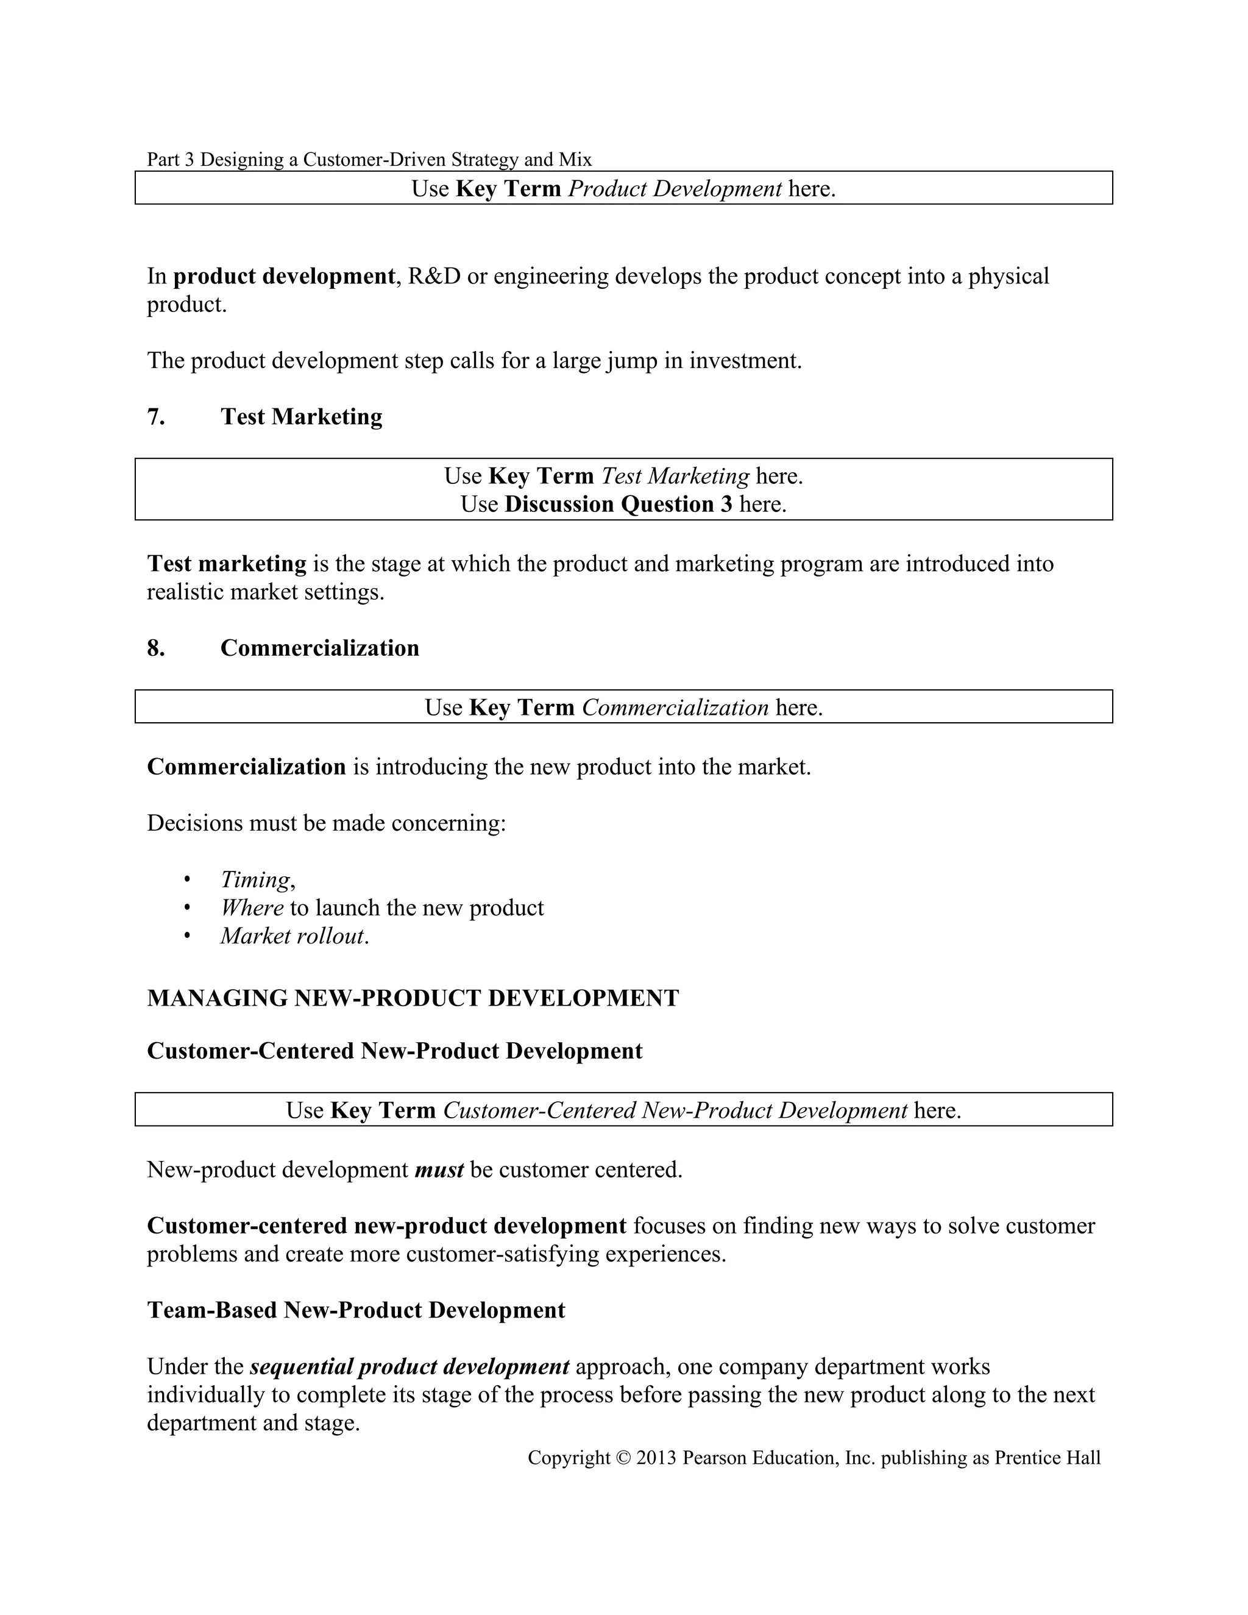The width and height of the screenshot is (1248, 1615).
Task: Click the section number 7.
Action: (x=155, y=417)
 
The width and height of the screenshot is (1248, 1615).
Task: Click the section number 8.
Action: (x=155, y=648)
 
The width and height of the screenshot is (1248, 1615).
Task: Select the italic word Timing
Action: (x=256, y=880)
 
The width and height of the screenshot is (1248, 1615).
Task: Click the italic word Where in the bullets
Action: (x=252, y=908)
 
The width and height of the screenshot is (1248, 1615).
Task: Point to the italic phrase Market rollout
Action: (x=292, y=936)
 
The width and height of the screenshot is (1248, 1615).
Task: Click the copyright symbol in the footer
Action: (x=623, y=1458)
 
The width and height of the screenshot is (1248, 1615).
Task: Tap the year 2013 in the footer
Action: (x=656, y=1458)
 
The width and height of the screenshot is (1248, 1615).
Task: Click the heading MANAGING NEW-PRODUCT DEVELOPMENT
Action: (x=413, y=998)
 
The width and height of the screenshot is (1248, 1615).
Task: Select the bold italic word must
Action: (x=439, y=1170)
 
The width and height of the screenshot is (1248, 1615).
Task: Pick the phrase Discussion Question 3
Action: (x=618, y=505)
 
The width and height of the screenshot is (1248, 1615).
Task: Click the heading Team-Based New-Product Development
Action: (x=356, y=1310)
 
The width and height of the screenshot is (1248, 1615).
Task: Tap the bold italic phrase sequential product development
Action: (x=409, y=1366)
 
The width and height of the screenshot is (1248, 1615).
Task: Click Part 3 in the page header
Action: (x=170, y=160)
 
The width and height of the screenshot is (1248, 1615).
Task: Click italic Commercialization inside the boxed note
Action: (x=675, y=708)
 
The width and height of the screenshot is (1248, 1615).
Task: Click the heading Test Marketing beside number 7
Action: (x=301, y=417)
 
